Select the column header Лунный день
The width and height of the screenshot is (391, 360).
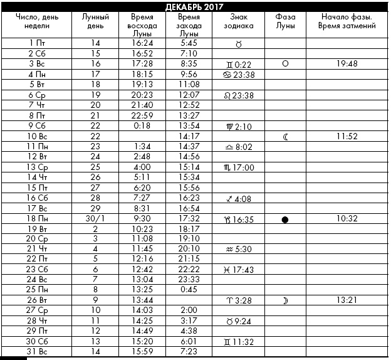click(x=96, y=21)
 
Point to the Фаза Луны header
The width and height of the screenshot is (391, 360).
click(x=285, y=21)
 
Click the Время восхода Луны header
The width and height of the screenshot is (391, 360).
click(x=145, y=25)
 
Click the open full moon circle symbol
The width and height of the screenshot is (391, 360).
click(x=285, y=64)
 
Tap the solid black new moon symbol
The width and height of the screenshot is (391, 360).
click(x=285, y=220)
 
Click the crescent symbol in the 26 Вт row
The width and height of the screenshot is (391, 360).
click(x=285, y=300)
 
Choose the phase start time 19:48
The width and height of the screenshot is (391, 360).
click(x=346, y=64)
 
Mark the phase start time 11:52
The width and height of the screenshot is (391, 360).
click(x=346, y=135)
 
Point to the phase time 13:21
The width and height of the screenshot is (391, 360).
click(x=346, y=300)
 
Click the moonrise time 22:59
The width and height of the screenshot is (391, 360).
click(x=145, y=115)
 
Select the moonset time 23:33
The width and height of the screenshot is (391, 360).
click(x=189, y=278)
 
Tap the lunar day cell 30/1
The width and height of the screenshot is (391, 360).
click(x=96, y=218)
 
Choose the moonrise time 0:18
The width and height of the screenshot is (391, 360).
click(x=145, y=125)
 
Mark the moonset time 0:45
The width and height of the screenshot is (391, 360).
click(x=189, y=289)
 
